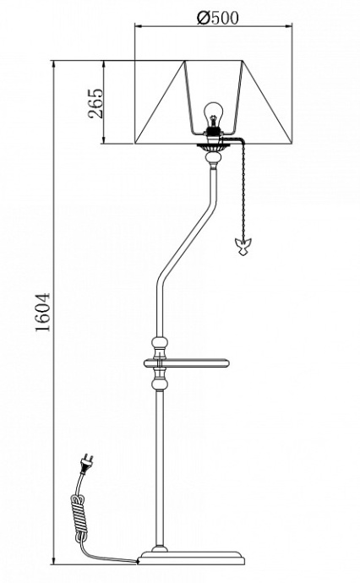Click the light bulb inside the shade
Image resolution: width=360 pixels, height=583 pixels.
click(x=213, y=113)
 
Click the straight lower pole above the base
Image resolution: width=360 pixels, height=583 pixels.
click(x=158, y=473)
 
